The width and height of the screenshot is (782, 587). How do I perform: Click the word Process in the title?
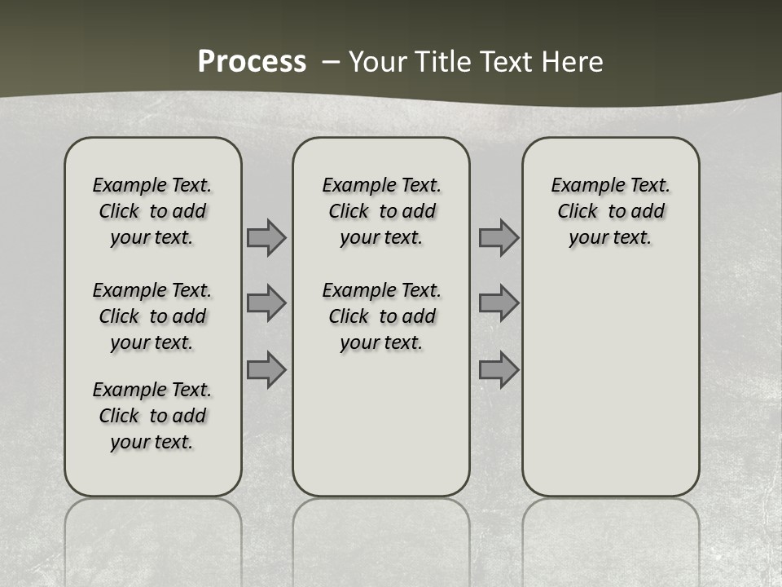click(252, 62)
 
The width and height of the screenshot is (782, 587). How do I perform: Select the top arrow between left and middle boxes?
click(266, 237)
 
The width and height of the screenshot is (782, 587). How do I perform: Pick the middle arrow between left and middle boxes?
click(266, 303)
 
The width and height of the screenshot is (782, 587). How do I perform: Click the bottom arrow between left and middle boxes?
click(266, 370)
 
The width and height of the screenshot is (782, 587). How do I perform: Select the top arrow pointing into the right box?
click(499, 237)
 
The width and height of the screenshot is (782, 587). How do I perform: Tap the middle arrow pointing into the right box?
click(499, 303)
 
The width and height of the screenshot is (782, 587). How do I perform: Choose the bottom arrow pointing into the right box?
click(499, 370)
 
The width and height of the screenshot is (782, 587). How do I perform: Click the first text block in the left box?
click(152, 211)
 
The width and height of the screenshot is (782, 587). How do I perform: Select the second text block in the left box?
click(152, 316)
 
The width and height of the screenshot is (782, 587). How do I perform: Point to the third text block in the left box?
click(152, 416)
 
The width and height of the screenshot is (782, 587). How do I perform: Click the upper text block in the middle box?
click(381, 211)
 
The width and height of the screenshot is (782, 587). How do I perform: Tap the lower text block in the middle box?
click(381, 316)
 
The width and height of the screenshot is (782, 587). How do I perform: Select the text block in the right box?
click(610, 211)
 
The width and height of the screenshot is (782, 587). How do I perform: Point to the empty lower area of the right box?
click(610, 383)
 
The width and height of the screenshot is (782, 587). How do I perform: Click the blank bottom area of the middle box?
click(381, 432)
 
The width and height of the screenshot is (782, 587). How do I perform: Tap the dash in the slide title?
click(331, 62)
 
